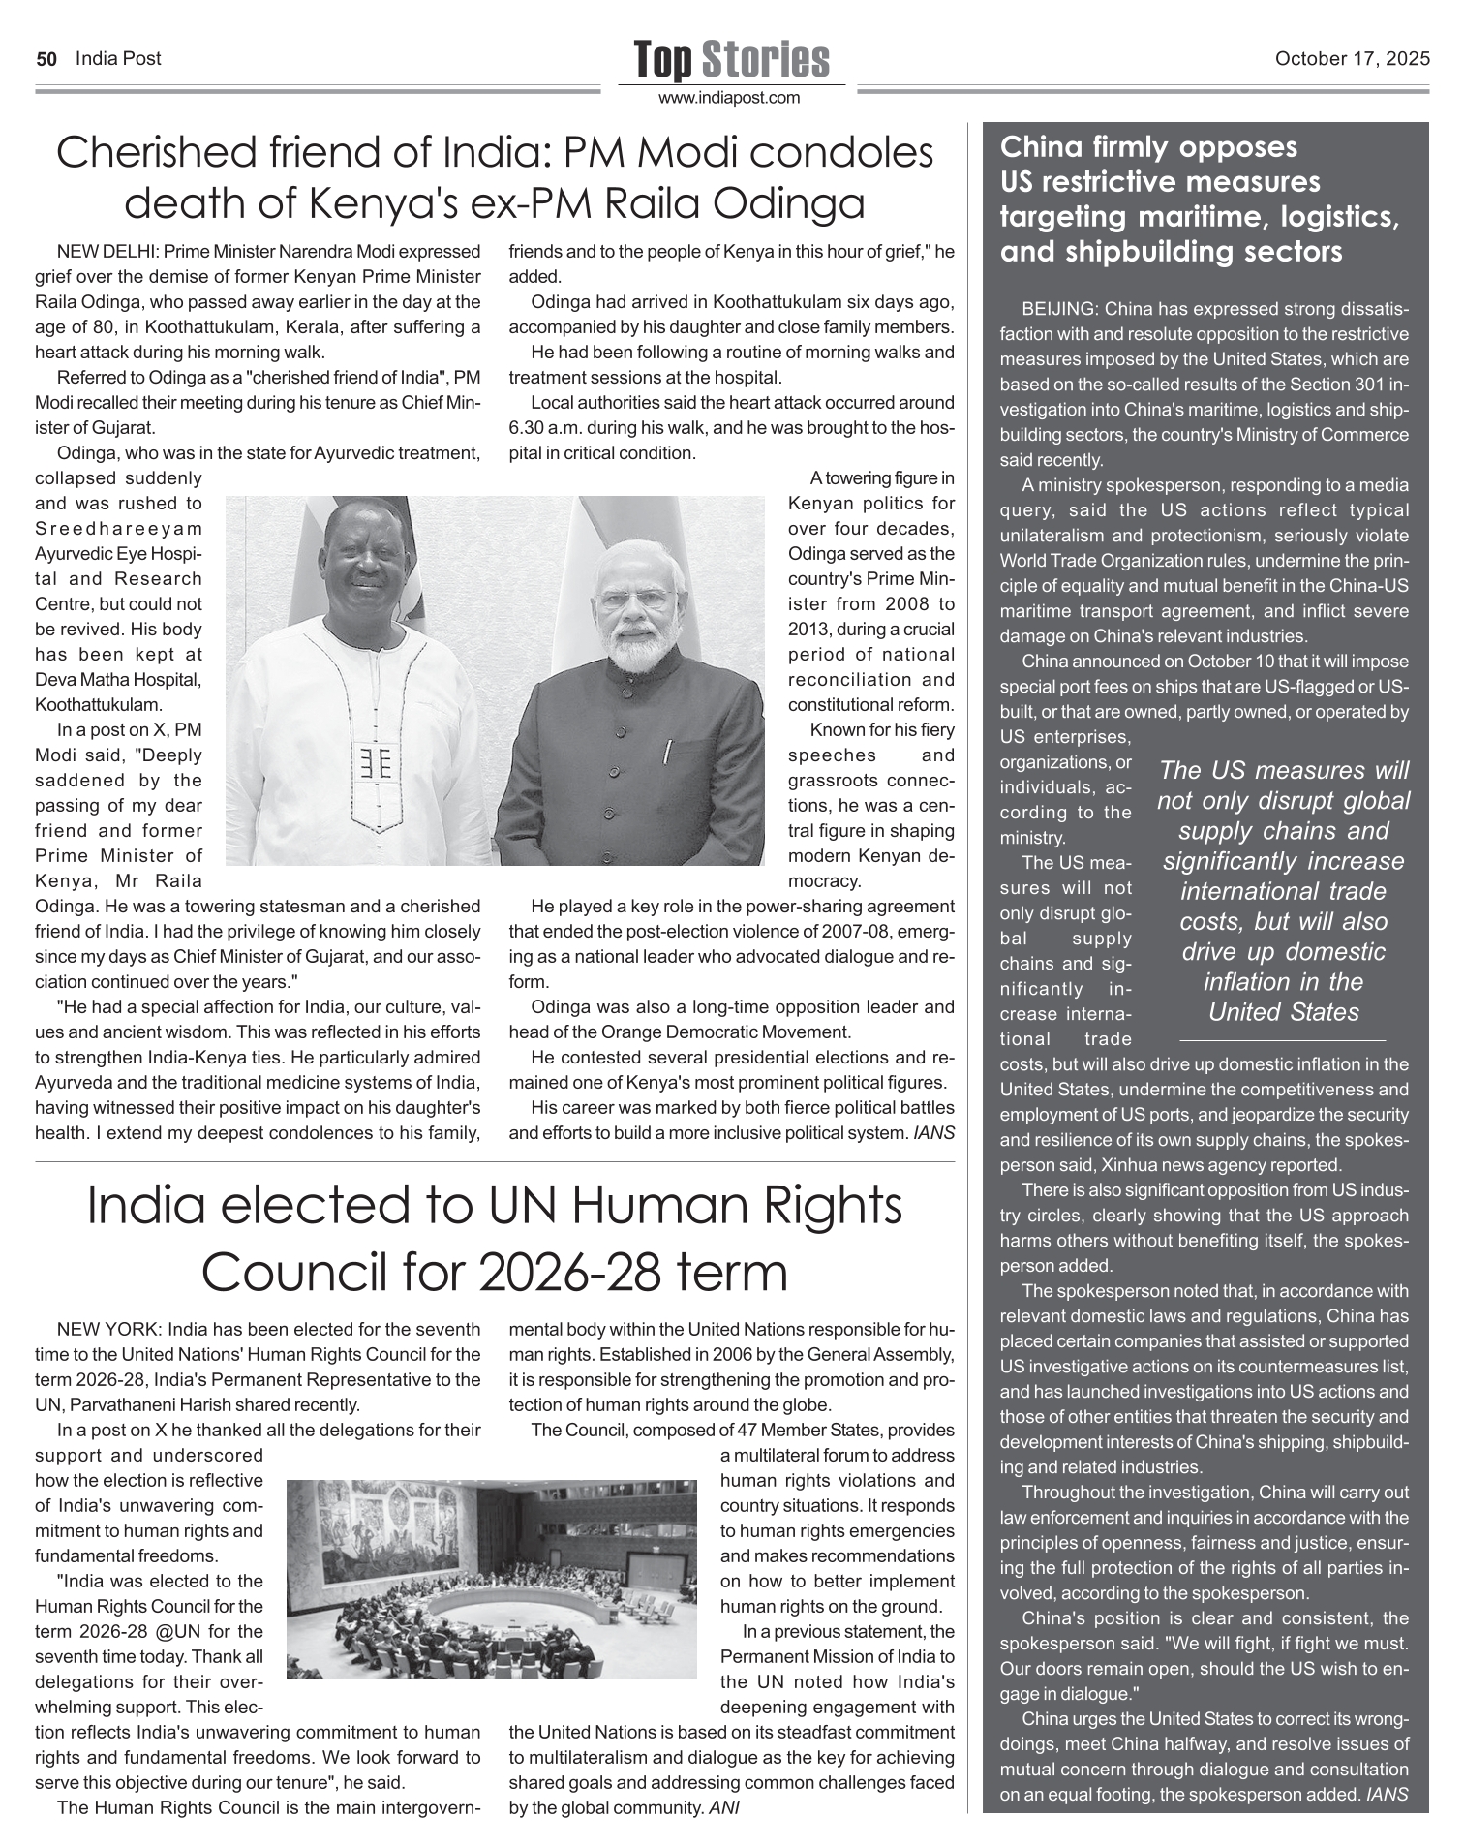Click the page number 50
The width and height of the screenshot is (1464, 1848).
pyautogui.click(x=46, y=59)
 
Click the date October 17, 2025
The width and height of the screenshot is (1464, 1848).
pyautogui.click(x=1352, y=59)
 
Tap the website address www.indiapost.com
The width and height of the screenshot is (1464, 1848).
pyautogui.click(x=730, y=98)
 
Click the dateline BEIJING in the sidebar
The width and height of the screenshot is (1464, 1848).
pyautogui.click(x=1058, y=309)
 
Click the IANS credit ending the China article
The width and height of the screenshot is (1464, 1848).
pyautogui.click(x=1386, y=1795)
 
